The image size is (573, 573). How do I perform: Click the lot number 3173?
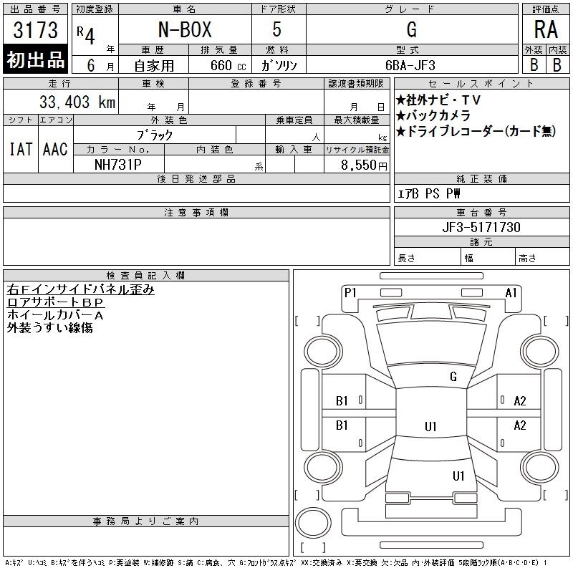(x=35, y=29)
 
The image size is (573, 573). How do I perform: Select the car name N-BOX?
(x=185, y=29)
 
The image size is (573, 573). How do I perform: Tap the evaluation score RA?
(x=546, y=29)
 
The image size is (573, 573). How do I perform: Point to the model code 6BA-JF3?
(x=410, y=65)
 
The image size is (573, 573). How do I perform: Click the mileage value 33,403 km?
(x=77, y=102)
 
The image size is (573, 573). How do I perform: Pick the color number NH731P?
(x=118, y=165)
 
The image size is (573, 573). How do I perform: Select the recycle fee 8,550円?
(x=364, y=165)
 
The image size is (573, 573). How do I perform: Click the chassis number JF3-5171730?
(x=481, y=227)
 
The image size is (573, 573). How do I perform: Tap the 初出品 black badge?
(x=35, y=59)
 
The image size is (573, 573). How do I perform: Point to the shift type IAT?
(x=21, y=149)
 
